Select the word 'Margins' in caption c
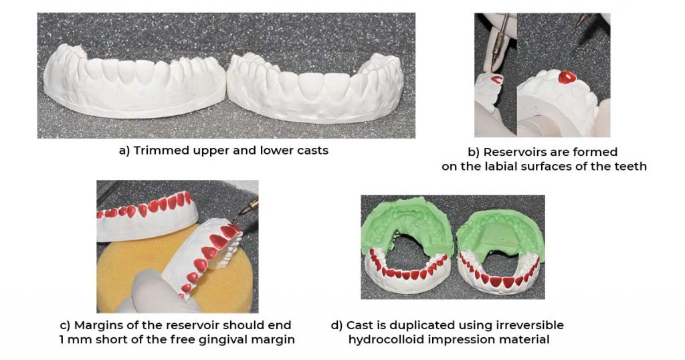coord(99,325)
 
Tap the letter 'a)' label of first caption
coord(124,151)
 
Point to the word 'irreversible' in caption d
coord(532,325)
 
